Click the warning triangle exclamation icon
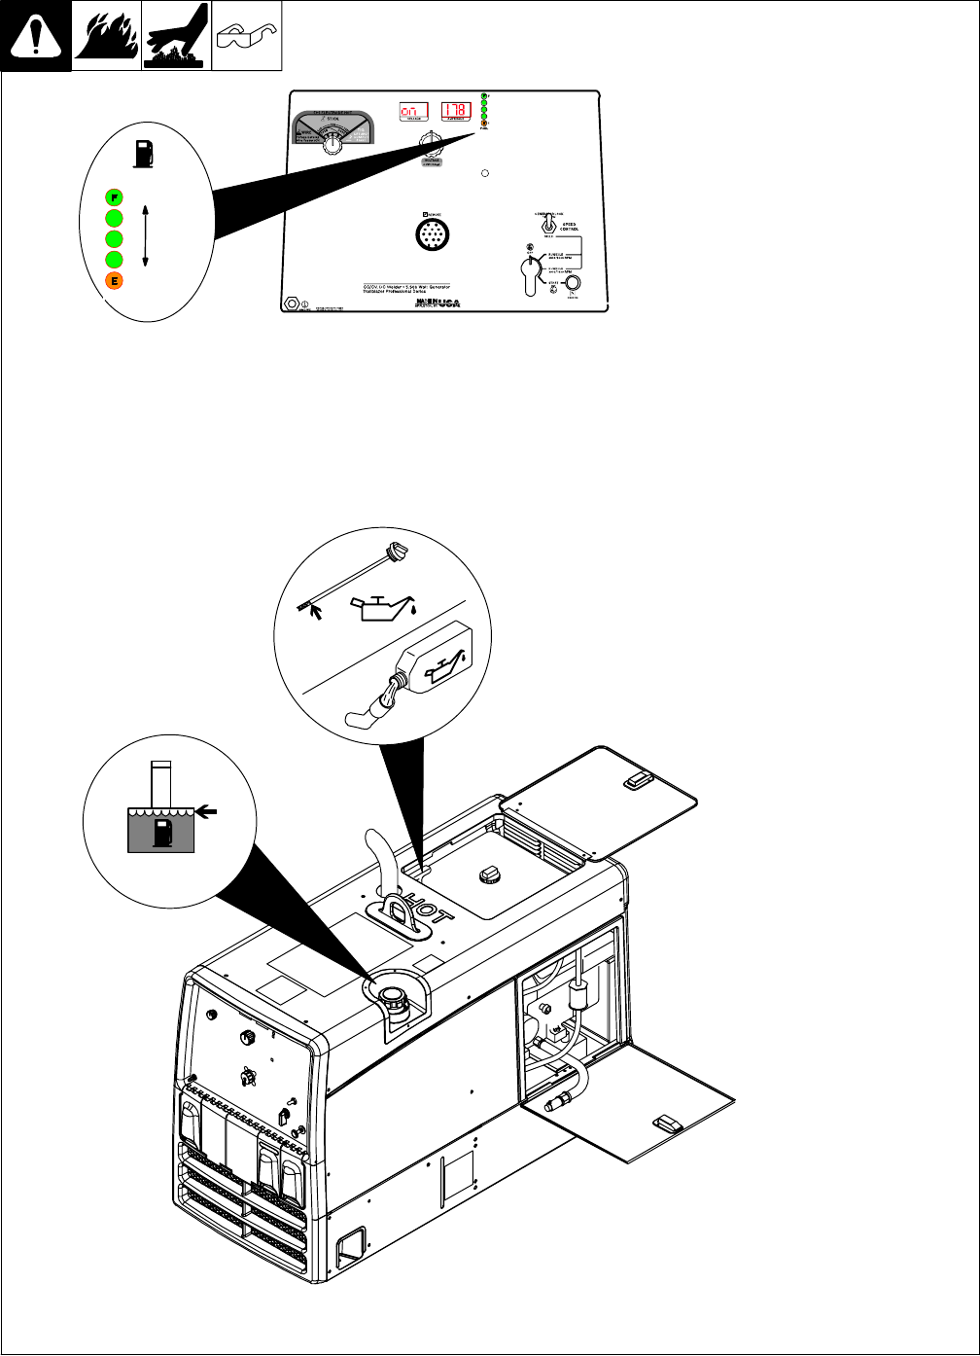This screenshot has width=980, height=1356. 35,37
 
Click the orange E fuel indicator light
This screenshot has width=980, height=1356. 114,282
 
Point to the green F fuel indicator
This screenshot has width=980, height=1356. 114,195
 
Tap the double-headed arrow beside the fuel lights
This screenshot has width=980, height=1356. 145,234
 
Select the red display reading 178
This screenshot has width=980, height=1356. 456,112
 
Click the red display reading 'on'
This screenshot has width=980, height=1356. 415,112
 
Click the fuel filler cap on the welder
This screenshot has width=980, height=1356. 394,997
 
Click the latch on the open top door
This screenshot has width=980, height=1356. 637,778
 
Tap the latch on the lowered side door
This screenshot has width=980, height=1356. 668,1124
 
